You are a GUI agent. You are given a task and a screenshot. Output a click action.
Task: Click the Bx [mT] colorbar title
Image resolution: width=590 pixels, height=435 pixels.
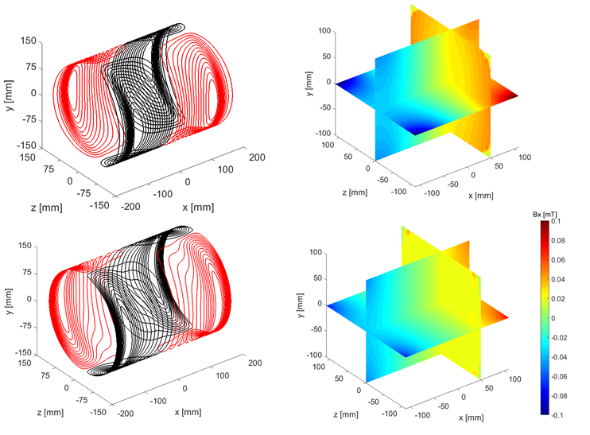coord(545,215)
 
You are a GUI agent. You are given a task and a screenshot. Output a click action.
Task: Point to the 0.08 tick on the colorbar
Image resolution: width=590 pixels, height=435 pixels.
coord(558,240)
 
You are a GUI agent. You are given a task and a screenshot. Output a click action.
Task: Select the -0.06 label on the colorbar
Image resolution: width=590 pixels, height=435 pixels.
coord(559,377)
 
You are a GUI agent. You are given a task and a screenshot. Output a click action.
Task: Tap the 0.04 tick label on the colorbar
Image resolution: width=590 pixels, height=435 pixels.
coord(558,279)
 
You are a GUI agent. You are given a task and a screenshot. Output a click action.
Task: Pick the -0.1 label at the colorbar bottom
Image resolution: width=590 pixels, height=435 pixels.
coord(557,415)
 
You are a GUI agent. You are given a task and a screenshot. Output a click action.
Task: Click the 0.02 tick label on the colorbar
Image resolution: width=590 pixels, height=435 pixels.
coord(558,299)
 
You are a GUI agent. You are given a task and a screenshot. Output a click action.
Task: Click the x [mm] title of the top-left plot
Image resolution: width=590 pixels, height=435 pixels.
coord(198,208)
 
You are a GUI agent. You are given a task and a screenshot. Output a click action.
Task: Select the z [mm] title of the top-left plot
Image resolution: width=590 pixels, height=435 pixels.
coord(47,208)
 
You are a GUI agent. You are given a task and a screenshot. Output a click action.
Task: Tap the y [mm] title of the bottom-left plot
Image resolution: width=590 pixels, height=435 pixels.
coord(9,301)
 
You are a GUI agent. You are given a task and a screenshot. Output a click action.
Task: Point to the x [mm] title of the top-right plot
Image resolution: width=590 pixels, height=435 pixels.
coord(481,196)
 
